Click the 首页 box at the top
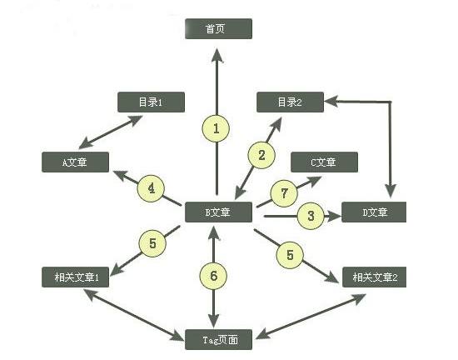point(217,29)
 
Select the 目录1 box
point(151,102)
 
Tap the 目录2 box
point(290,102)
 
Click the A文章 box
point(75,162)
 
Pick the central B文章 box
point(217,212)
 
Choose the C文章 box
point(324,162)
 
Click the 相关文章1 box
point(75,277)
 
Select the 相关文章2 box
point(375,277)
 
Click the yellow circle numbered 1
point(217,128)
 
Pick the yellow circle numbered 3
point(311,216)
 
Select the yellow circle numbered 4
point(151,188)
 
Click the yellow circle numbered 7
point(283,192)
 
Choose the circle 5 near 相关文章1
point(152,243)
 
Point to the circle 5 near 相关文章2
point(290,254)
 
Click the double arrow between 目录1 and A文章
point(112,132)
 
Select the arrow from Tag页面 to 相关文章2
point(310,305)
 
